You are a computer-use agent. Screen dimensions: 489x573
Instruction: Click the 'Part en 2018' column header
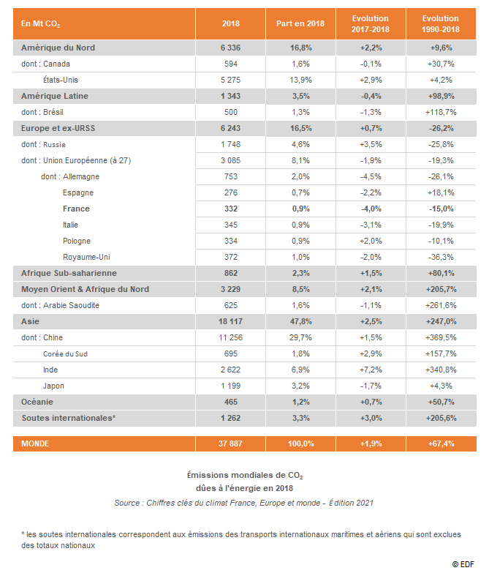300,23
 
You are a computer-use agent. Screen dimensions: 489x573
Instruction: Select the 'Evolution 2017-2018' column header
371,23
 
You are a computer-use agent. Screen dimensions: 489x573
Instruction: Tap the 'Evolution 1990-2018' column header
441,23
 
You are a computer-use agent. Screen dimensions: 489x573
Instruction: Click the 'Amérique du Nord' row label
58,48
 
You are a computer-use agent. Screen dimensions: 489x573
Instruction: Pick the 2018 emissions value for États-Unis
231,80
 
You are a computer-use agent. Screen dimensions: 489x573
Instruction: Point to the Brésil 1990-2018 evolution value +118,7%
441,112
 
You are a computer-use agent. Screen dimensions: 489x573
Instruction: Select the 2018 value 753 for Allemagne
231,176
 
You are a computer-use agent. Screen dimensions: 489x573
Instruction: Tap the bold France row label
76,209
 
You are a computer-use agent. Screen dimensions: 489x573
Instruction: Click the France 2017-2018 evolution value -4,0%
371,209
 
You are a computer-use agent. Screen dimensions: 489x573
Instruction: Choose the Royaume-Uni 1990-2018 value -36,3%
441,257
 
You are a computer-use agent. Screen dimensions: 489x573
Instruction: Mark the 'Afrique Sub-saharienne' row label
69,273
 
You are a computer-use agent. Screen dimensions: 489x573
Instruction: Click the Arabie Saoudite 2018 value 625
231,305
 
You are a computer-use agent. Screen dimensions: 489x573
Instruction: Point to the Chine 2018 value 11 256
231,337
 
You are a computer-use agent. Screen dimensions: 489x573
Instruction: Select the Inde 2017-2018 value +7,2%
371,370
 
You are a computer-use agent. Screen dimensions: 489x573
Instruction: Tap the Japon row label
53,386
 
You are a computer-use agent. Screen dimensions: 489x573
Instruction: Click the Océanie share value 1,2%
300,402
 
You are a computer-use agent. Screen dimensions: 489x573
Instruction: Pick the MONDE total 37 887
230,443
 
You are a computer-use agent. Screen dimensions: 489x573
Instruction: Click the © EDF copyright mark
463,564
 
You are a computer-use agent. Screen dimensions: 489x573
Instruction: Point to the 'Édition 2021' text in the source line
351,503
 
